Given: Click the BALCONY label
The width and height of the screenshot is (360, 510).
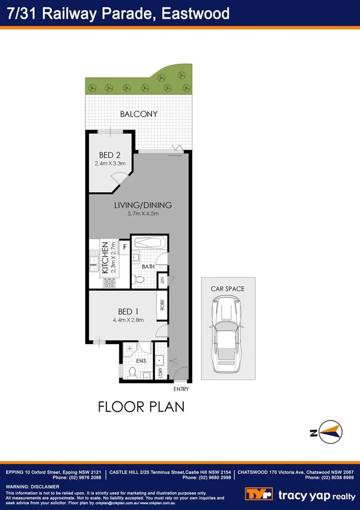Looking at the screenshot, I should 138,114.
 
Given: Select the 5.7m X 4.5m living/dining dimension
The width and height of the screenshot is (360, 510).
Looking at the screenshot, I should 142,214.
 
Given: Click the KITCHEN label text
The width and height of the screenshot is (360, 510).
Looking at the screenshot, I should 105,257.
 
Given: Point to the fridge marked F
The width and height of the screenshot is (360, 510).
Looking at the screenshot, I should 124,246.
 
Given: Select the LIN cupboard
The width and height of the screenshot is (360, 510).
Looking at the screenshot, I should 162,279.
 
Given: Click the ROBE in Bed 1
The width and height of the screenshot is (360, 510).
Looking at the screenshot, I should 162,306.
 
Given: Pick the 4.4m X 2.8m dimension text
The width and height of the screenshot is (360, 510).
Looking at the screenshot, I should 129,320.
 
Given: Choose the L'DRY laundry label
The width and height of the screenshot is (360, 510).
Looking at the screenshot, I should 160,373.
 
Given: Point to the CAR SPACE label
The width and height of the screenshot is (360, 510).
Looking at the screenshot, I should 227,289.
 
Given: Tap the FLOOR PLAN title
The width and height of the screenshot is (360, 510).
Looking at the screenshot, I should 141,407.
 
